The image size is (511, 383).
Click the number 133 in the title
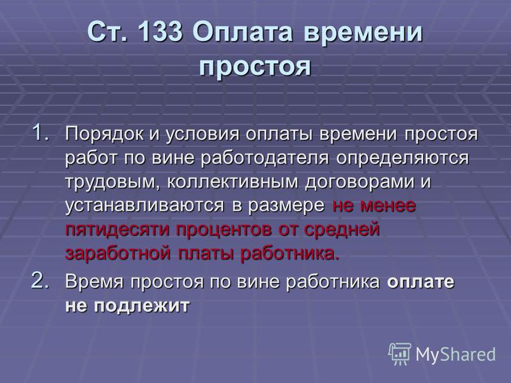pyautogui.click(x=160, y=31)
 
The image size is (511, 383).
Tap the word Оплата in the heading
pyautogui.click(x=242, y=31)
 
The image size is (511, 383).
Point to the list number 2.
pyautogui.click(x=41, y=280)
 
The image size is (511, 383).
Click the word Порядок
pyautogui.click(x=104, y=134)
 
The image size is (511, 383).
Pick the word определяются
pyautogui.click(x=402, y=158)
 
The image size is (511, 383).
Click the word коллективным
pyautogui.click(x=233, y=182)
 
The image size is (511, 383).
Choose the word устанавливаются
pyautogui.click(x=145, y=206)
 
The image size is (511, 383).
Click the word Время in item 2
pyautogui.click(x=94, y=282)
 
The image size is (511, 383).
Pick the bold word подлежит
pyautogui.click(x=141, y=306)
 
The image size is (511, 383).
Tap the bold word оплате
pyautogui.click(x=420, y=282)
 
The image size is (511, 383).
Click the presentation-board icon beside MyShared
pyautogui.click(x=400, y=354)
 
